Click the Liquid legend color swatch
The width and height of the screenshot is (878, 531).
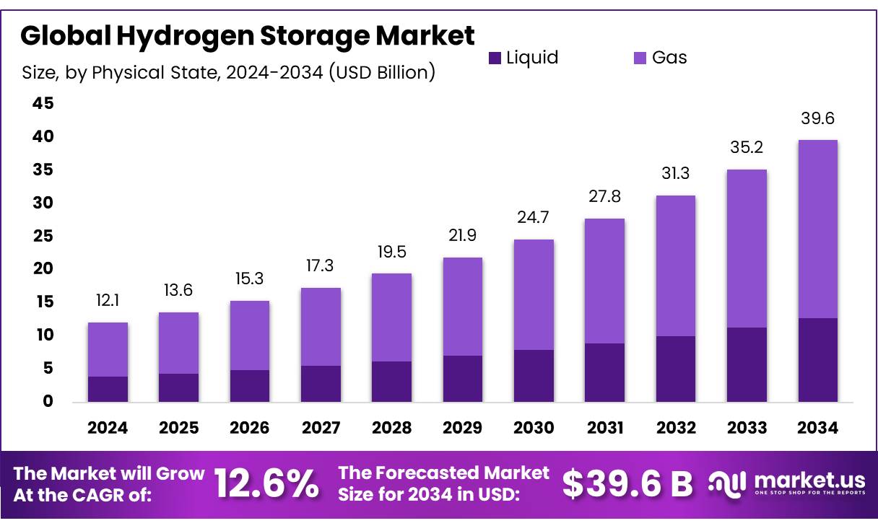click(495, 58)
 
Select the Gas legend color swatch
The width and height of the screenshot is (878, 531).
click(640, 58)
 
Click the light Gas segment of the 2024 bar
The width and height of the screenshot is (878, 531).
click(108, 349)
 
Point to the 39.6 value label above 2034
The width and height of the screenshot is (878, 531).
click(817, 118)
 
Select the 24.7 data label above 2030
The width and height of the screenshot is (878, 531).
click(534, 217)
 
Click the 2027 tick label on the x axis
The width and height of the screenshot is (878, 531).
click(321, 428)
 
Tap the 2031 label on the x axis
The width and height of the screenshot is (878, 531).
click(604, 428)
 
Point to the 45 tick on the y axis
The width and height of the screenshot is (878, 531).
click(43, 104)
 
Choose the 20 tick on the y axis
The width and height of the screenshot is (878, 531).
click(43, 269)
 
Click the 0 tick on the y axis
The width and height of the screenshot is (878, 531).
click(48, 401)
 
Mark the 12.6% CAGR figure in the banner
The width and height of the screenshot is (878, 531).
click(267, 484)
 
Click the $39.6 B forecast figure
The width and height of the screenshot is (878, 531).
click(627, 484)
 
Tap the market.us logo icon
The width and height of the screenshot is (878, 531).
click(727, 483)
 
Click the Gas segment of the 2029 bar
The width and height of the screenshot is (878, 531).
click(462, 307)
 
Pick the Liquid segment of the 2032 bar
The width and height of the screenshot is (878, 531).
click(675, 369)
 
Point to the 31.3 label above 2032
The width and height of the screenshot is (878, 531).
click(675, 174)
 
